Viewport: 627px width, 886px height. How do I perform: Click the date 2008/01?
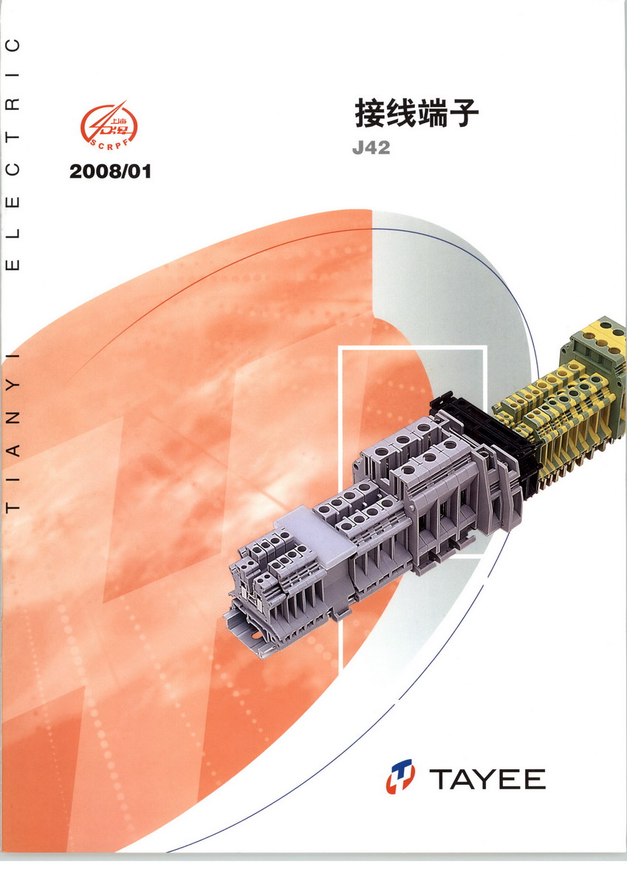110,171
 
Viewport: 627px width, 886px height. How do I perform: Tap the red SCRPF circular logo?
109,126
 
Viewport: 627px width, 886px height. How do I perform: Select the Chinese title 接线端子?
417,113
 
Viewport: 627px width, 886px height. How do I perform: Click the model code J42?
371,148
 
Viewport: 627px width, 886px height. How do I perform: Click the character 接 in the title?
369,113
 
